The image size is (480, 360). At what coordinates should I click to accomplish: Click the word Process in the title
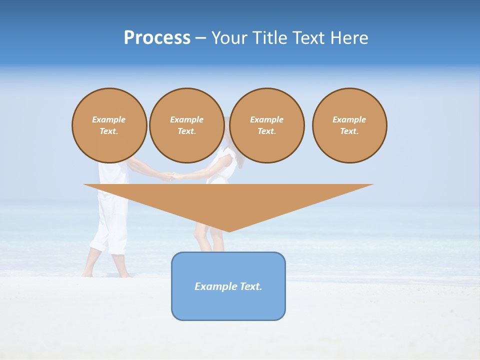click(157, 38)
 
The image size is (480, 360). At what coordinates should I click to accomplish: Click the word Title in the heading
click(269, 38)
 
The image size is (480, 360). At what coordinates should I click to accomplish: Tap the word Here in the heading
click(349, 38)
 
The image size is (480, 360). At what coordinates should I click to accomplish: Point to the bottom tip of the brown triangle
click(229, 231)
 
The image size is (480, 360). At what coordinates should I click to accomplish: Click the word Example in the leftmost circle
click(109, 119)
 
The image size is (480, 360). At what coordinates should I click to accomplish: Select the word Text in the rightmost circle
click(349, 131)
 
